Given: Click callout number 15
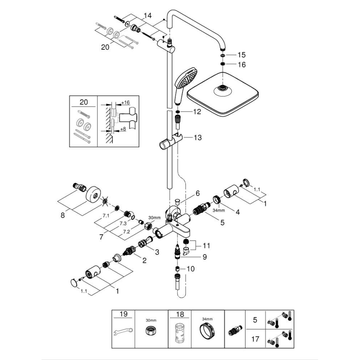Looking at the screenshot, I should click(241, 55).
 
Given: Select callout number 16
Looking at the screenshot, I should click(241, 65).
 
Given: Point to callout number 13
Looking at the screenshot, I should click(197, 137).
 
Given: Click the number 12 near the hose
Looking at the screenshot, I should click(197, 112).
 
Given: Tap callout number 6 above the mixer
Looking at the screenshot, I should click(198, 193).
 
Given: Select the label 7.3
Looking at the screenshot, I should click(111, 223).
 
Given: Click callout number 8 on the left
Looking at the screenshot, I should click(63, 216).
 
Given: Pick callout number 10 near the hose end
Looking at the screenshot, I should click(190, 269).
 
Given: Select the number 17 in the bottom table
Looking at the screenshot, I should click(256, 339).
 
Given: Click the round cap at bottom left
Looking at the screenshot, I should click(74, 283).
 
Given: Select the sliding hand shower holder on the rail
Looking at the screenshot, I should click(171, 143).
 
